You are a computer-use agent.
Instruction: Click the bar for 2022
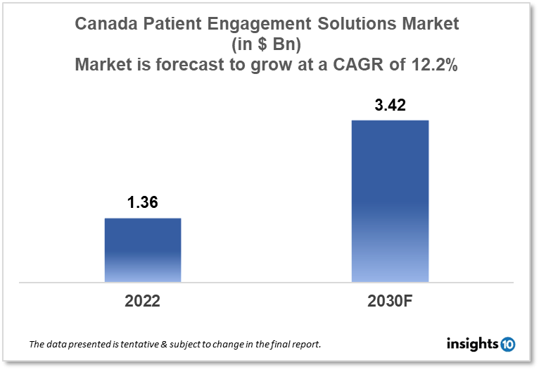(x=143, y=250)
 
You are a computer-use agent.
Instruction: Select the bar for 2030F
(x=389, y=201)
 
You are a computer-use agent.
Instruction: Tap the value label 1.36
(x=142, y=203)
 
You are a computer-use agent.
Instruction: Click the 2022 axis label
(x=143, y=301)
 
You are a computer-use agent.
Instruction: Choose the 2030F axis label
(x=389, y=301)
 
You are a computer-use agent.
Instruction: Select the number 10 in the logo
(x=507, y=344)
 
